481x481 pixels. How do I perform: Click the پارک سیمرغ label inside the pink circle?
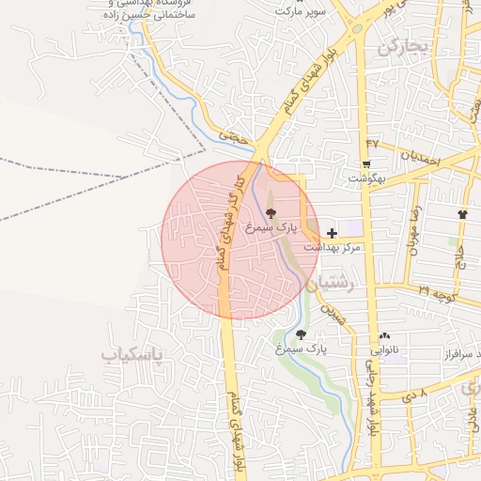click(x=271, y=227)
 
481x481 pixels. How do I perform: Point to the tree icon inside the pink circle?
click(x=272, y=213)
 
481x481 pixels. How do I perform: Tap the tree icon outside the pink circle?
click(x=301, y=334)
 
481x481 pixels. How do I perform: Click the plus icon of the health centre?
click(x=332, y=231)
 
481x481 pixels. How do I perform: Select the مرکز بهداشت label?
click(x=333, y=246)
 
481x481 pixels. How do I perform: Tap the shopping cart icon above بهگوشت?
click(x=365, y=163)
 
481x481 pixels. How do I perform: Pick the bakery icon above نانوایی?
click(x=384, y=335)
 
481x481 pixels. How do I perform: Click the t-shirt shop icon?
click(x=462, y=214)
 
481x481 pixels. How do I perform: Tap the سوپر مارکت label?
click(x=299, y=10)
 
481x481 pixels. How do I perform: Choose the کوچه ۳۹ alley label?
click(x=438, y=292)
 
